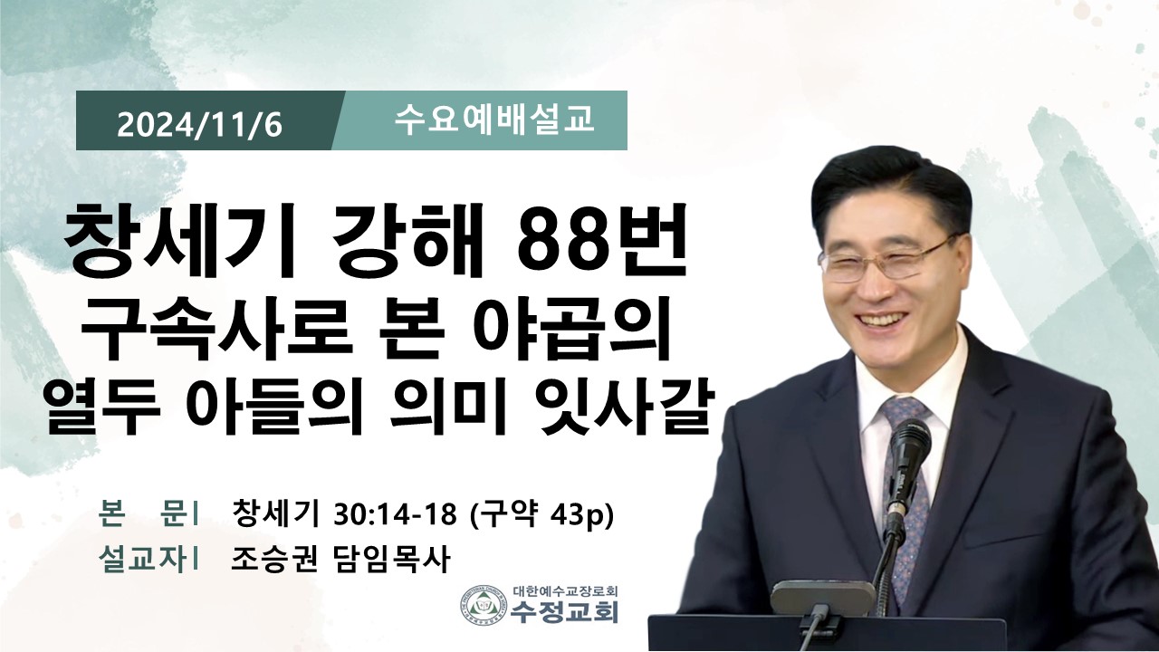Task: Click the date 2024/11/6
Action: pyautogui.click(x=200, y=125)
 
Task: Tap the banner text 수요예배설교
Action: pyautogui.click(x=493, y=120)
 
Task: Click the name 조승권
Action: pyautogui.click(x=273, y=560)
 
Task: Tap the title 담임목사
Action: pyautogui.click(x=389, y=560)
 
